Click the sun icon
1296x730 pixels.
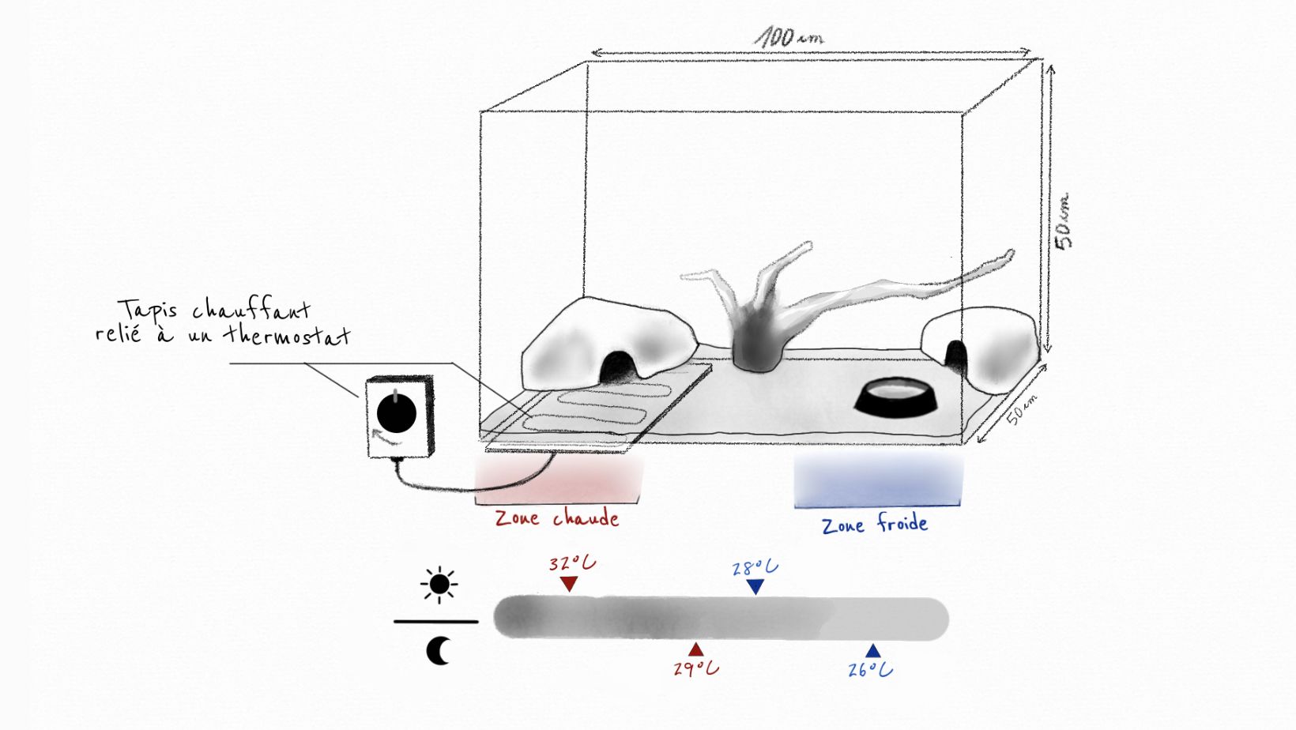point(439,585)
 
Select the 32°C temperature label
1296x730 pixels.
point(572,563)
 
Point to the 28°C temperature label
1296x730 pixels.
point(755,568)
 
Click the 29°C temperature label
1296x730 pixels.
point(696,668)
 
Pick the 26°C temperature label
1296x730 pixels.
point(870,670)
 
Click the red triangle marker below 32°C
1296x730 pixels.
point(569,585)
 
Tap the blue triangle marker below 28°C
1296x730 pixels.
point(755,587)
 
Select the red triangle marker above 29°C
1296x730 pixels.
point(695,650)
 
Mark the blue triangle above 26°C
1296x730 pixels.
point(872,652)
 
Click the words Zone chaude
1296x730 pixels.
point(557,518)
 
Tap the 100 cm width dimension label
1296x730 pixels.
point(788,36)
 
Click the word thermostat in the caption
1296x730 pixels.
point(286,335)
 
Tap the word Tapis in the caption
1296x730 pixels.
point(148,310)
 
